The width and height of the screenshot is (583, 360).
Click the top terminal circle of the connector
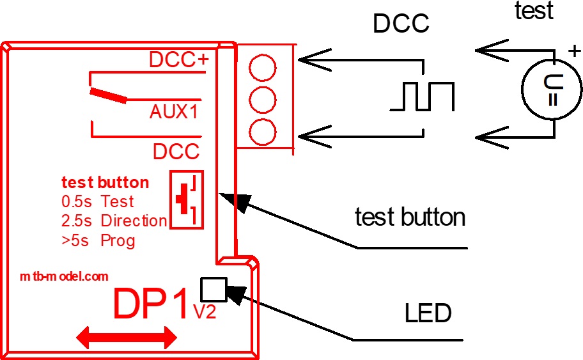click(262, 66)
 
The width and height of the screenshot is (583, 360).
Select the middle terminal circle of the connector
click(262, 99)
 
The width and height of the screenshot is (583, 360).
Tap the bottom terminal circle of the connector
click(262, 132)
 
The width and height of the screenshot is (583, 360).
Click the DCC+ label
click(179, 59)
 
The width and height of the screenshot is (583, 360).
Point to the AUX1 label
click(174, 112)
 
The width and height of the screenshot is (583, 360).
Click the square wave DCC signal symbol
click(423, 97)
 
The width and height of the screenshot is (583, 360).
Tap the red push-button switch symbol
click(187, 200)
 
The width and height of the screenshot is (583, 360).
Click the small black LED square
click(213, 289)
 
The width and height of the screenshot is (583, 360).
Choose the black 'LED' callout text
click(428, 314)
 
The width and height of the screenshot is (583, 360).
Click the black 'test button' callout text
click(410, 217)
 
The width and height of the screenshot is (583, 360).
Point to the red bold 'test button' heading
click(105, 183)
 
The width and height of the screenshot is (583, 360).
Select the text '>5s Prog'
click(98, 240)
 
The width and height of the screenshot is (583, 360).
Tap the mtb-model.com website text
click(63, 277)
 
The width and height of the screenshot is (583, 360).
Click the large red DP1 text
click(152, 304)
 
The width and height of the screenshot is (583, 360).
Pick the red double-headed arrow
click(126, 337)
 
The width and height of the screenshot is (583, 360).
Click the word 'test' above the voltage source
click(534, 11)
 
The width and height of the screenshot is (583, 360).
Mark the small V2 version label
click(205, 312)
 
